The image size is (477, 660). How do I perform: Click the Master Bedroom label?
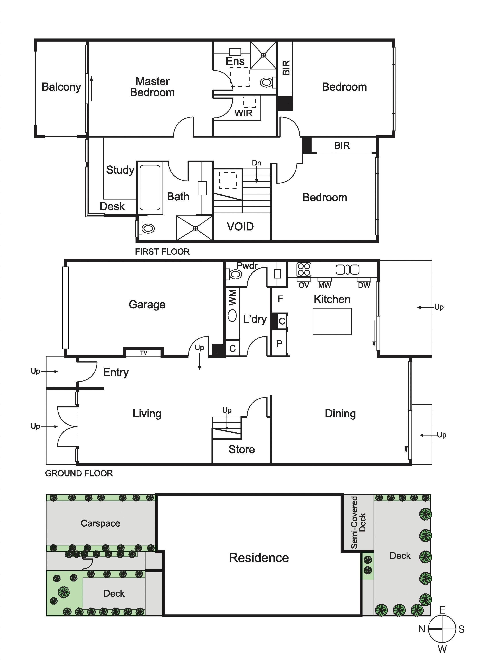click(152, 87)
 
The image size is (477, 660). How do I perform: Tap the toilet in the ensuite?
click(268, 82)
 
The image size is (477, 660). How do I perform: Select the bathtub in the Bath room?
click(150, 187)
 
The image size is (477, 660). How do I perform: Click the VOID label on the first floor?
click(240, 226)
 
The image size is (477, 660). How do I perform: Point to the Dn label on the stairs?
click(256, 163)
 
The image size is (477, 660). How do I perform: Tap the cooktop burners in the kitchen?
click(304, 269)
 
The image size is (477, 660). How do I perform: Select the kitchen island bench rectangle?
click(332, 321)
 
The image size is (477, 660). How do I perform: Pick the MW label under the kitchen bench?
click(325, 285)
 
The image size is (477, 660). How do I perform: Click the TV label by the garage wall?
click(144, 353)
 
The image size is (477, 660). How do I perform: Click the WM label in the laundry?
click(232, 297)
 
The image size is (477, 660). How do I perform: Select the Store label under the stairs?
click(242, 449)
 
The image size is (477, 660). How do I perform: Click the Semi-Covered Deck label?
click(358, 523)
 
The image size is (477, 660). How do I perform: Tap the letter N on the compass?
click(422, 629)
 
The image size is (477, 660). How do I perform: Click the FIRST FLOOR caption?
click(162, 252)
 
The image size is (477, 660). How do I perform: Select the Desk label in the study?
click(112, 206)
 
